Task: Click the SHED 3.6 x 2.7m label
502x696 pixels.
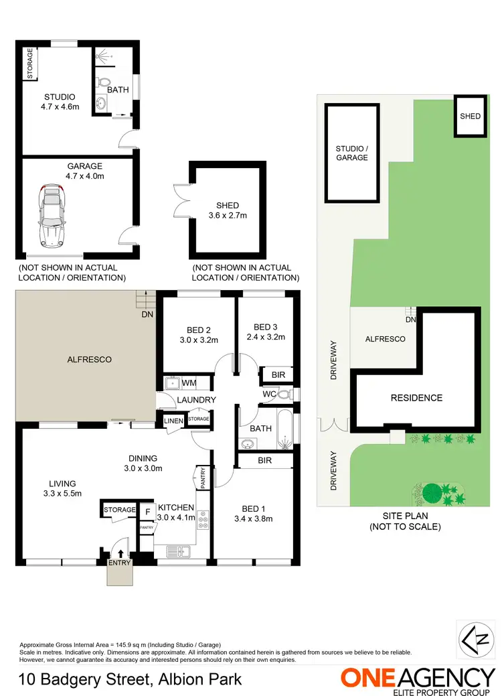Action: (x=228, y=210)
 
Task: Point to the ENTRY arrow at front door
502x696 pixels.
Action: (x=120, y=553)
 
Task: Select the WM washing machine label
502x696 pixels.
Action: (x=189, y=383)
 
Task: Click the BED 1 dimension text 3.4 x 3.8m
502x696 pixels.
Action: (x=254, y=518)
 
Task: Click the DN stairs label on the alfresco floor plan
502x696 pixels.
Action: (x=147, y=314)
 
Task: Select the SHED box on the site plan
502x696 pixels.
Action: (x=470, y=116)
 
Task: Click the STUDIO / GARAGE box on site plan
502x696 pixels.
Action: (x=352, y=153)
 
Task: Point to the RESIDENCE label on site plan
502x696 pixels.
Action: (x=416, y=398)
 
